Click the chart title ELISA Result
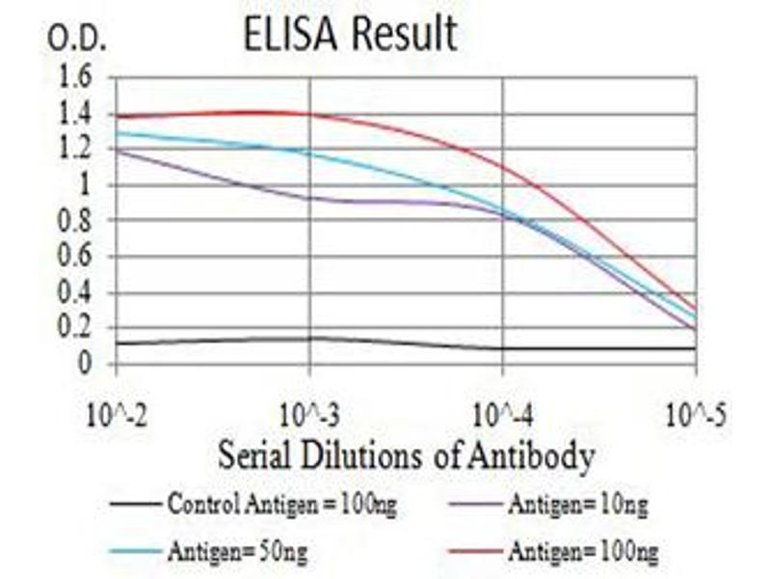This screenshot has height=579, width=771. point(350,35)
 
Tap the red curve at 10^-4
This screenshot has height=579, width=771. point(502,165)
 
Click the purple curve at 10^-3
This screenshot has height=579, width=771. point(309,198)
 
